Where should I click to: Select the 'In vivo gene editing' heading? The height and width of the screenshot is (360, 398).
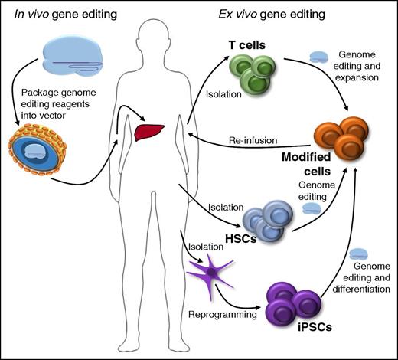[x=56, y=11]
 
